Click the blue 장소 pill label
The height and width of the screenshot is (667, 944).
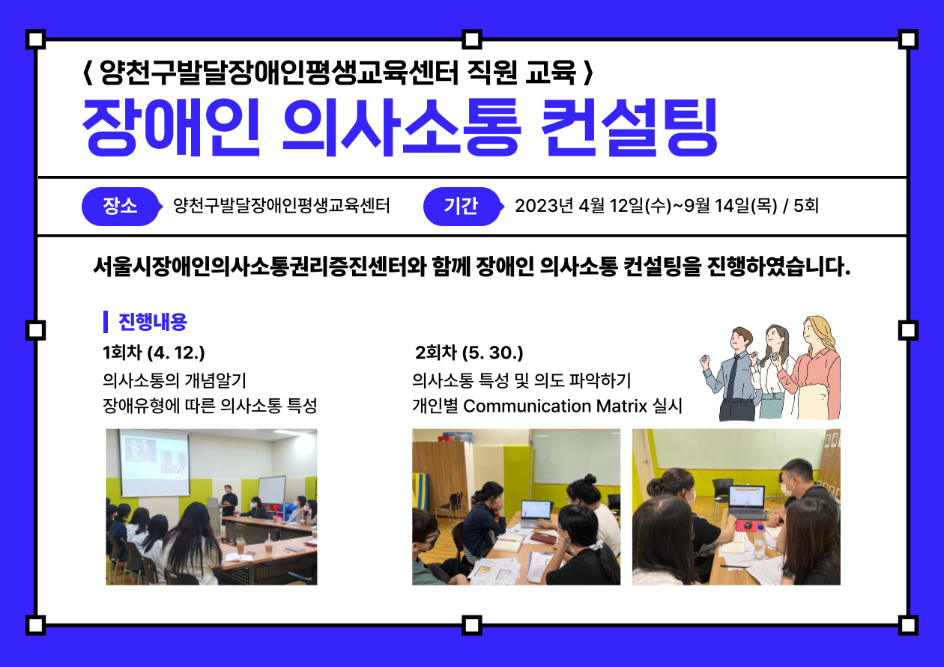click(x=121, y=207)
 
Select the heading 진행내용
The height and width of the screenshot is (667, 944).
click(x=153, y=322)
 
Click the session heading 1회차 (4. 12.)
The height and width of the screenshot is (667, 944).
click(x=154, y=353)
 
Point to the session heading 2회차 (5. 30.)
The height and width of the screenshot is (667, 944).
click(x=469, y=353)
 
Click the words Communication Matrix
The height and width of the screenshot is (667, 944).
click(x=555, y=406)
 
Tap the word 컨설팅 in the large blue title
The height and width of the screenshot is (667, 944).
click(x=629, y=127)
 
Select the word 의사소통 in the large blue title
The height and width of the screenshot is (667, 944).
click(x=402, y=127)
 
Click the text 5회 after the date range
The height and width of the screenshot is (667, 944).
click(x=806, y=207)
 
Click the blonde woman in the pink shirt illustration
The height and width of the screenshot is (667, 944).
click(x=812, y=368)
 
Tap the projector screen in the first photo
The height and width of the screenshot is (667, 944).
click(x=154, y=463)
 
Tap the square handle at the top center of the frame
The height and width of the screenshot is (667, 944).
click(x=471, y=40)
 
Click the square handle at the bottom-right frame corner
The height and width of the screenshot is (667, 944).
click(x=908, y=625)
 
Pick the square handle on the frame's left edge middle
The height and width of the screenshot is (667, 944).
click(x=36, y=329)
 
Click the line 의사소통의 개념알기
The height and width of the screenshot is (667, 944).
click(x=175, y=380)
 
